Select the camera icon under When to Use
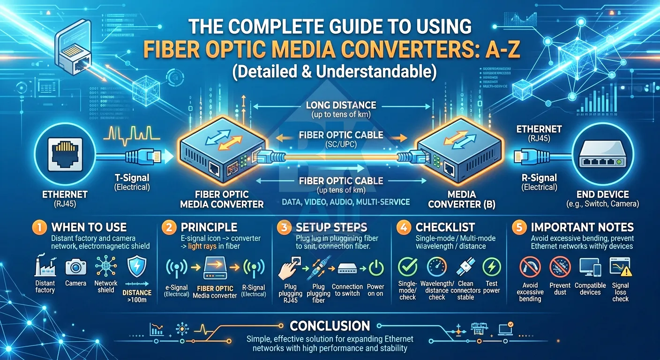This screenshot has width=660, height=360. pos(75,267)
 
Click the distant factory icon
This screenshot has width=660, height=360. pos(45,267)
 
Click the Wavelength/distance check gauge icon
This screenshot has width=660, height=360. pos(436,267)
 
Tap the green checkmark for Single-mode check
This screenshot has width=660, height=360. pos(407,267)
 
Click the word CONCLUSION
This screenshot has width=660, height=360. pos(330,326)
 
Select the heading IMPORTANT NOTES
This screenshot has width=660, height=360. pos(582,228)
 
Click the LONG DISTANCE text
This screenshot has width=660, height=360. pos(341,105)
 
